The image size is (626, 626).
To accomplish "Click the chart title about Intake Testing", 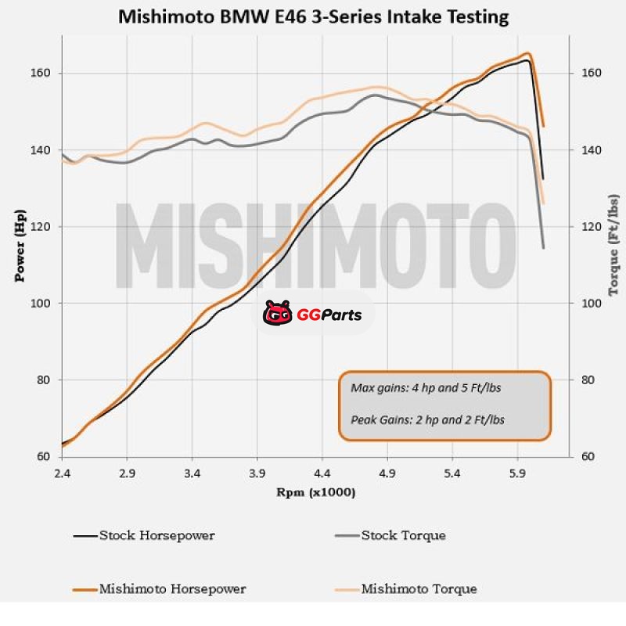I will click(312, 16).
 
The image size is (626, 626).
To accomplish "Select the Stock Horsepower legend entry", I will click(156, 536).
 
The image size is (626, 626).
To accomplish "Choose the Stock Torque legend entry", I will click(403, 536).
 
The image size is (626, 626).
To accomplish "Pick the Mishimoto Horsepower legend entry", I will click(172, 589).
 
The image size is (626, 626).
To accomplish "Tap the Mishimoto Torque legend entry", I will click(419, 589).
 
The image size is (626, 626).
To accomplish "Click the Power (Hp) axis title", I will click(20, 246).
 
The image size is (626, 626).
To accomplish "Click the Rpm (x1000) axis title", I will click(315, 493).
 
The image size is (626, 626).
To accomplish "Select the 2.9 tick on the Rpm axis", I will click(128, 474).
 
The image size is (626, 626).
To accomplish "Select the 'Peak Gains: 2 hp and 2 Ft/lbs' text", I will click(428, 419).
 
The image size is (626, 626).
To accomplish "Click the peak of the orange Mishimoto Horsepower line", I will click(528, 53).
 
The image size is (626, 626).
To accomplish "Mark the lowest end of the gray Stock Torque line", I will click(543, 248).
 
